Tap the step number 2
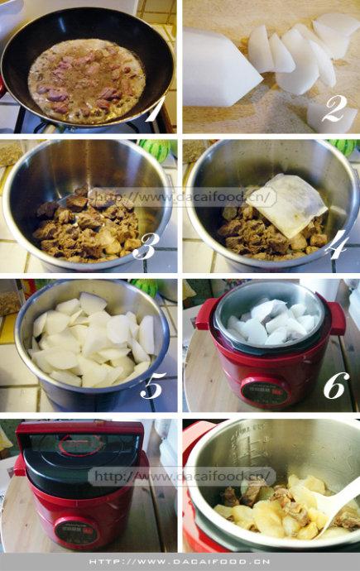click(x=334, y=108)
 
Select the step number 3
click(x=146, y=246)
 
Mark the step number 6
click(x=336, y=385)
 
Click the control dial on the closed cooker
click(x=77, y=531)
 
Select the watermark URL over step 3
click(x=184, y=198)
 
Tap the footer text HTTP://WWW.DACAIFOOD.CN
click(x=180, y=562)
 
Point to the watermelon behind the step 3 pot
click(x=156, y=149)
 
